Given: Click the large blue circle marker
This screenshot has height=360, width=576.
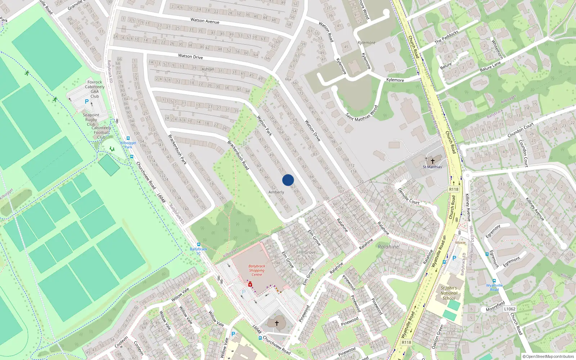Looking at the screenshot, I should [x=288, y=180].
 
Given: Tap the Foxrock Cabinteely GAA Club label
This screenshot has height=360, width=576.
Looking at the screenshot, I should [x=95, y=89].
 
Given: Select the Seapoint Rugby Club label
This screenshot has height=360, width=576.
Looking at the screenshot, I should [x=91, y=120].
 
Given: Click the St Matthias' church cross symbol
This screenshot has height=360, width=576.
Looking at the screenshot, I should [x=433, y=161].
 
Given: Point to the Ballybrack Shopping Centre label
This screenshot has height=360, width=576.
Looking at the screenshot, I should [x=257, y=270].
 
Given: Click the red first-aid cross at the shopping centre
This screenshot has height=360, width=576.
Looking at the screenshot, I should [x=250, y=284].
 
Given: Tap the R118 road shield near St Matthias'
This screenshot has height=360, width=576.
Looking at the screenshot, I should [x=454, y=189].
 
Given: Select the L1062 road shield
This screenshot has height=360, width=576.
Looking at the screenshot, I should [x=509, y=309].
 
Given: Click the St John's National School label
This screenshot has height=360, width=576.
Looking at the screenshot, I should [x=449, y=293].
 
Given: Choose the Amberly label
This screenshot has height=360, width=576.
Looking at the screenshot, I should [x=276, y=192].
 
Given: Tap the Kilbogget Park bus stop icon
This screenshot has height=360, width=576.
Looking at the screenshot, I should [x=128, y=138].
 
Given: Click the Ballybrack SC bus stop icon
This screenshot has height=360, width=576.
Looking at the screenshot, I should [x=199, y=244].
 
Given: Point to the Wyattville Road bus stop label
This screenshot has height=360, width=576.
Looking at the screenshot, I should [x=494, y=287].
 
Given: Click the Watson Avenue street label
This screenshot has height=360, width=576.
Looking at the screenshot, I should [x=205, y=21].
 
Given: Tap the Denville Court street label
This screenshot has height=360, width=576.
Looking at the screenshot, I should [x=409, y=196].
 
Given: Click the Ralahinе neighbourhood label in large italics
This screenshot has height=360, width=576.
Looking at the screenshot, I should [x=388, y=247].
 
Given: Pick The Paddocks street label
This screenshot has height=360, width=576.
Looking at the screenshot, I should [x=446, y=37].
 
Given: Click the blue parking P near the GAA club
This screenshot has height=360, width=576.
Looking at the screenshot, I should [x=87, y=102].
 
